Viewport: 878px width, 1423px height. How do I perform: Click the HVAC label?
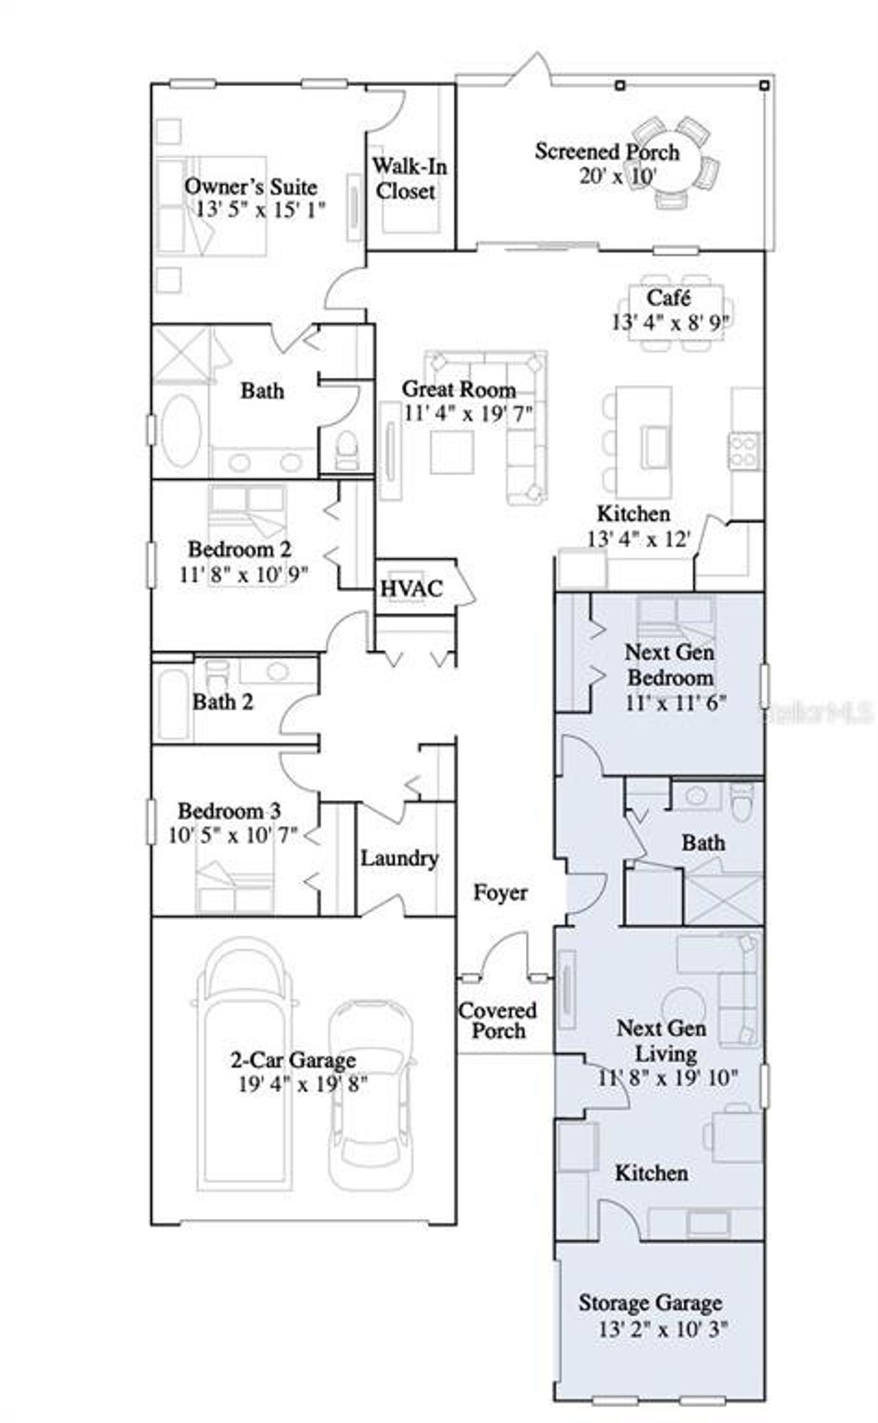coord(412,589)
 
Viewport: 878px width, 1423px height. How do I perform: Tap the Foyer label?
coord(501,893)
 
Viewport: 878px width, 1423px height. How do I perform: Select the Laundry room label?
coord(399,858)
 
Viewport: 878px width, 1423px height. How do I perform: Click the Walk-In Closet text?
coord(409,178)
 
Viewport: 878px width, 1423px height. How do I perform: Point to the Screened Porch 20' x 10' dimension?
coord(618,176)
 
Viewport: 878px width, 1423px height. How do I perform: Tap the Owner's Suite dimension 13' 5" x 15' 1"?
coord(261,210)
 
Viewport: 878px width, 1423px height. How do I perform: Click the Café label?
coord(668,298)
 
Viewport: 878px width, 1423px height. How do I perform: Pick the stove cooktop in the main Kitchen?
coord(744,451)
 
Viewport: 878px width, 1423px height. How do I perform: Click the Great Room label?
coord(458,389)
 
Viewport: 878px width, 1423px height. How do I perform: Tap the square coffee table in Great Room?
coord(451,451)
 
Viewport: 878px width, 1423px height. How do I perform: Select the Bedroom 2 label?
coord(239,550)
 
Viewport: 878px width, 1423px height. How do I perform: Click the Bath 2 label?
coord(222,702)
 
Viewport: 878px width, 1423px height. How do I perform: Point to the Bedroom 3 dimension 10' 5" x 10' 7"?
coord(233,836)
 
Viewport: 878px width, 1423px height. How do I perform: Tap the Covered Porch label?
coord(497,1020)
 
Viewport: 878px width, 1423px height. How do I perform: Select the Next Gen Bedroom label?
coord(669,665)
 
